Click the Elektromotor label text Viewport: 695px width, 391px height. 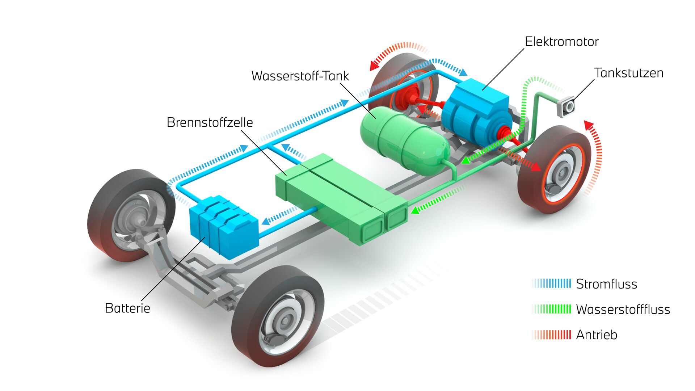click(x=561, y=42)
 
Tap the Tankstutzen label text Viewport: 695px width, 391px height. click(x=628, y=73)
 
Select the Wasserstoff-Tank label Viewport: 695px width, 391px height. click(x=300, y=76)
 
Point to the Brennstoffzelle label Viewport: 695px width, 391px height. click(x=210, y=123)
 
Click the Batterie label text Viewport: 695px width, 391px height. click(x=127, y=308)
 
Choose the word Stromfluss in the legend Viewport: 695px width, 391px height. click(x=606, y=284)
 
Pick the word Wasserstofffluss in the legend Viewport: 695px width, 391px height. click(x=623, y=310)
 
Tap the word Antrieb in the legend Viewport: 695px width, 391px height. click(x=596, y=335)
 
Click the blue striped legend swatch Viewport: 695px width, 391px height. click(x=552, y=283)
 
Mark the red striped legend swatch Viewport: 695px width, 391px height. click(x=552, y=335)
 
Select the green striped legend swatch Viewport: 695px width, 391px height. click(x=552, y=309)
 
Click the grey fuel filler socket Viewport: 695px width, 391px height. click(x=566, y=107)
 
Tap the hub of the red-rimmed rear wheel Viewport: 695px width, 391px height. click(x=561, y=174)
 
